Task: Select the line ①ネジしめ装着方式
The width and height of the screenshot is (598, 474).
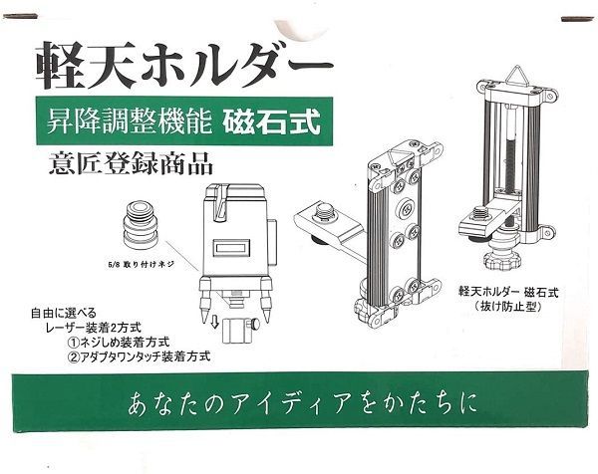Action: coord(124,340)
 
